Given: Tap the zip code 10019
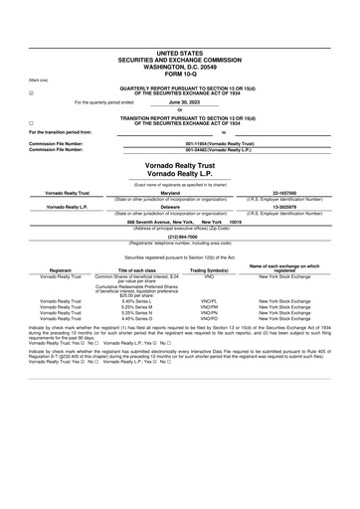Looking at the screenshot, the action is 235,222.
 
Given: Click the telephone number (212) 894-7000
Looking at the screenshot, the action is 179,237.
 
